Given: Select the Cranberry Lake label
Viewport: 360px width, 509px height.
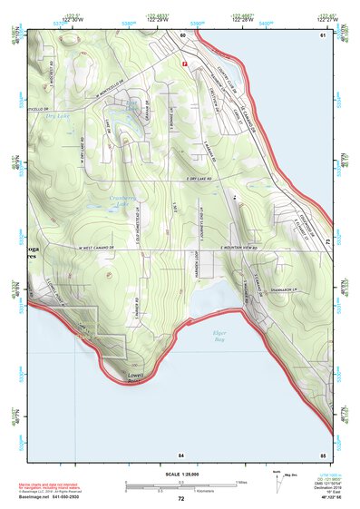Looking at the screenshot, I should [122, 201].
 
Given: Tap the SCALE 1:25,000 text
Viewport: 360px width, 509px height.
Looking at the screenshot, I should [180, 474].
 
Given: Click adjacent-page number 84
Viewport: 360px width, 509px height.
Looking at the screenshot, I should [180, 454].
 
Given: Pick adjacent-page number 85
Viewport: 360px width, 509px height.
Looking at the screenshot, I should [322, 454].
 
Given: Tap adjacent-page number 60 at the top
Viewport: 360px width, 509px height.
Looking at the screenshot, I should [181, 35].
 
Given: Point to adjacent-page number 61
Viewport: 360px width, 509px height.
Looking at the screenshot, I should [322, 35].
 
